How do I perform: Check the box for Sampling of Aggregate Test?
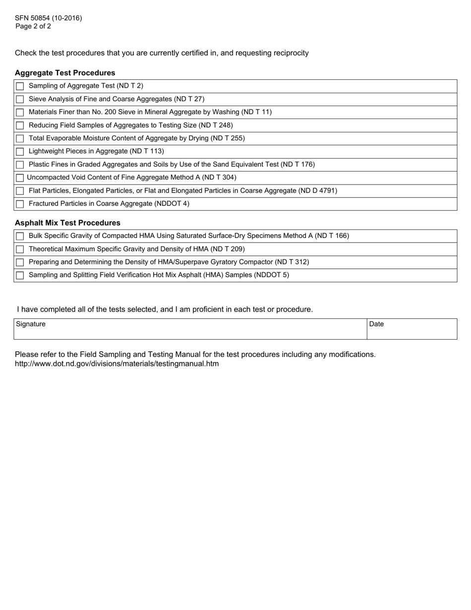(20, 86)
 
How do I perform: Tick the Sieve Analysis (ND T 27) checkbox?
(20, 99)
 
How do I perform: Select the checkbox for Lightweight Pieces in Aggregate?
(20, 152)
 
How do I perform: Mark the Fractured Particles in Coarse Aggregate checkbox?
(20, 204)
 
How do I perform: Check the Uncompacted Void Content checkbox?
(20, 178)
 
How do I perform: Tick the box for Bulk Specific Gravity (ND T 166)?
(20, 237)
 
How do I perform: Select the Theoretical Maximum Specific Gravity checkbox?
(20, 249)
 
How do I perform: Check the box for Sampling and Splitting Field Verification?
(20, 276)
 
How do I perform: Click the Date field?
(412, 329)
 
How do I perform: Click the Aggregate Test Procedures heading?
(65, 73)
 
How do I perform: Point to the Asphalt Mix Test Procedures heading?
(67, 223)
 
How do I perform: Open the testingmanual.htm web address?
(117, 364)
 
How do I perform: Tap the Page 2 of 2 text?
(33, 26)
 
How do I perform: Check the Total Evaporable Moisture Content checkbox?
(20, 139)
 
